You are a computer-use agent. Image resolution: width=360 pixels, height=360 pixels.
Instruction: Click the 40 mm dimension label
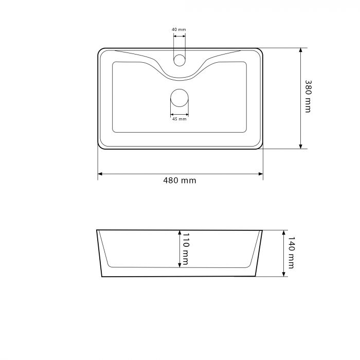click(x=179, y=30)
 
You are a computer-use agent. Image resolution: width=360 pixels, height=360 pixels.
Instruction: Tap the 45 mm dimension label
click(x=179, y=119)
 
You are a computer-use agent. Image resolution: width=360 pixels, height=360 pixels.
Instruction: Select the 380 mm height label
click(x=308, y=96)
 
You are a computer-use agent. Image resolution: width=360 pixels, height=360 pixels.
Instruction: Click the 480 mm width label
click(x=179, y=181)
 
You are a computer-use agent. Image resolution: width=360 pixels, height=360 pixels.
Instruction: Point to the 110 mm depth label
click(x=185, y=249)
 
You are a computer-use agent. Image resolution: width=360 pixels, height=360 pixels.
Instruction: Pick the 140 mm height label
click(x=291, y=253)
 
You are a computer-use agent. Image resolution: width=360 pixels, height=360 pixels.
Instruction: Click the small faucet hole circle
click(x=179, y=60)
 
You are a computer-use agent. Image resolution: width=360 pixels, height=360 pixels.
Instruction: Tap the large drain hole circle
click(x=179, y=98)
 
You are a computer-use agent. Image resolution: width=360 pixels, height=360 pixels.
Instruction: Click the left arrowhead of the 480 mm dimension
click(x=100, y=174)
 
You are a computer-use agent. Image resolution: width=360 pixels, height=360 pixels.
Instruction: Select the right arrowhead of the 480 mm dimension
click(x=261, y=174)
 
